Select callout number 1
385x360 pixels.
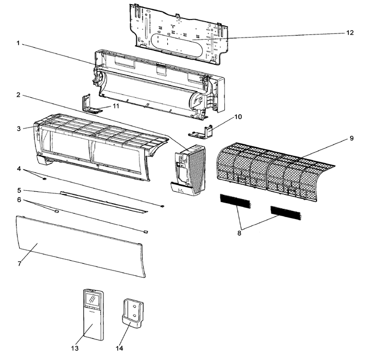(x=17, y=44)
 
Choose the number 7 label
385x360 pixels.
(x=19, y=263)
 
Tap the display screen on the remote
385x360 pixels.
(x=92, y=298)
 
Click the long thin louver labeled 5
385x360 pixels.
(x=103, y=201)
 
